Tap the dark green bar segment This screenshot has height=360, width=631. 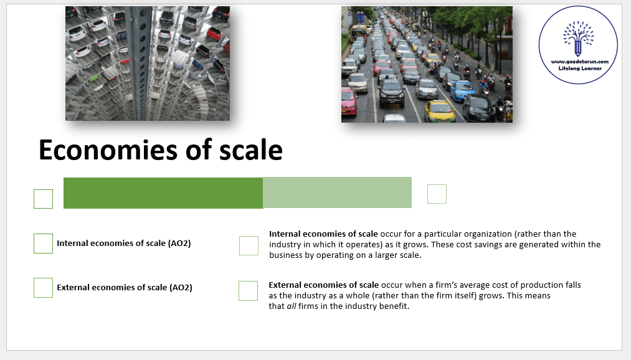(x=163, y=193)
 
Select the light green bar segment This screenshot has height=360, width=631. (x=337, y=192)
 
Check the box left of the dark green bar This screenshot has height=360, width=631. (x=44, y=199)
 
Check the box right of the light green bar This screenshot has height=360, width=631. (x=437, y=194)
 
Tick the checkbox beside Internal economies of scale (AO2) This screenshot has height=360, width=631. (x=44, y=244)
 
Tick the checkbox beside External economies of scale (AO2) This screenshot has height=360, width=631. (x=44, y=288)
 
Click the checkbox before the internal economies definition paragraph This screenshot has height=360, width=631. (x=249, y=246)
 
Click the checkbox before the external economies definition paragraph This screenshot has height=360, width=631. (x=249, y=291)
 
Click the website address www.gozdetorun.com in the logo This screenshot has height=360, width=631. (x=579, y=62)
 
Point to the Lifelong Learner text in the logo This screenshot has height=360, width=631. (x=580, y=69)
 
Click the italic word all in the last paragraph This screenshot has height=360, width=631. (x=292, y=306)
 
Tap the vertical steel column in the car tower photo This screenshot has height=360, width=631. (x=141, y=63)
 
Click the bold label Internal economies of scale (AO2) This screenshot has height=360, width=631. (x=123, y=244)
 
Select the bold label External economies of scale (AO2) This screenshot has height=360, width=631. (x=125, y=288)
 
